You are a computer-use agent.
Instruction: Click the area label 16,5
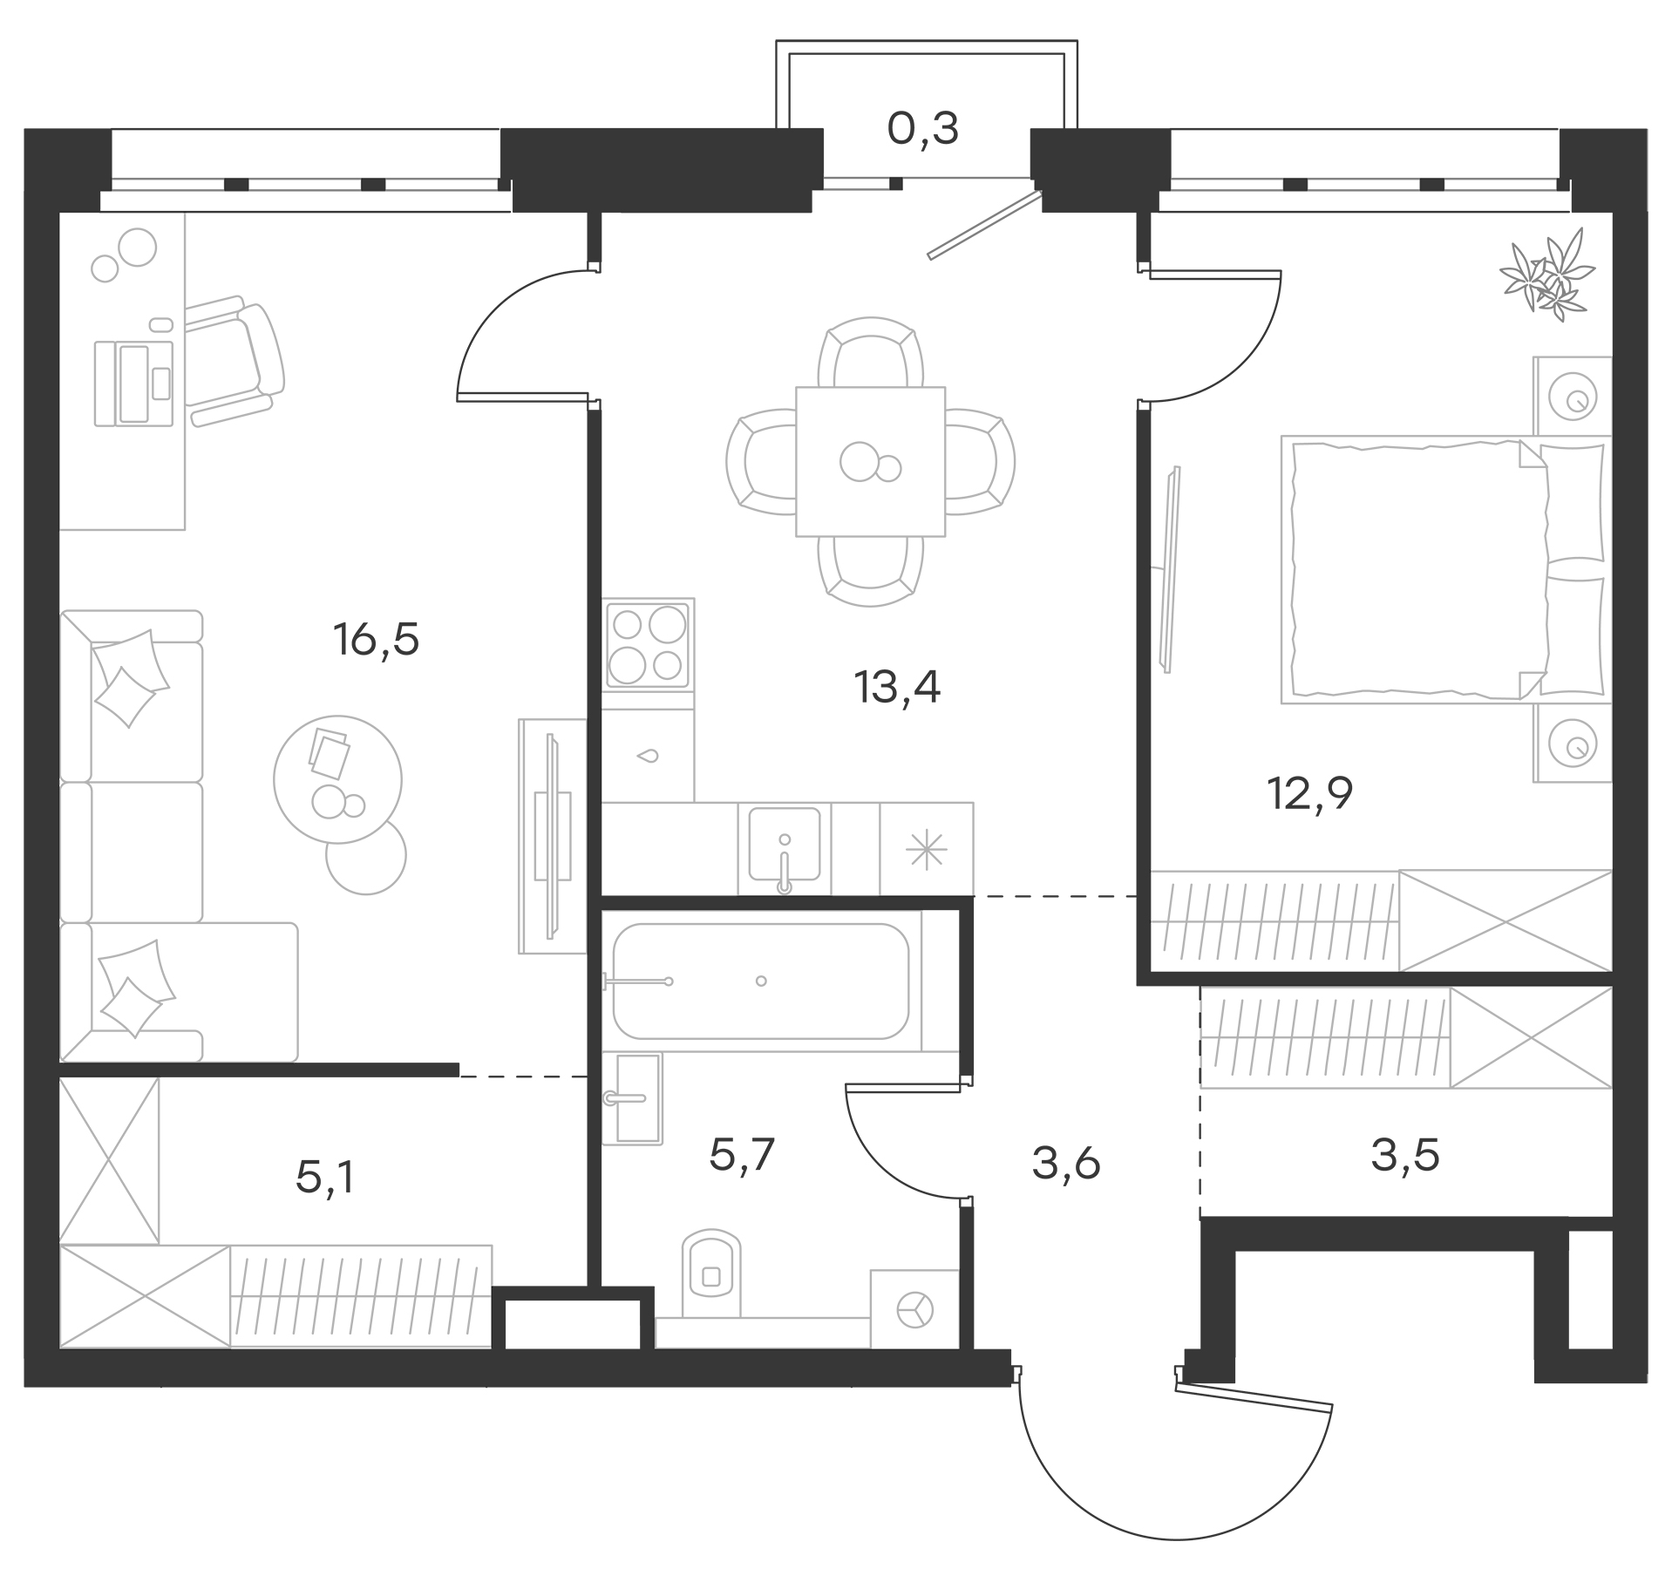[376, 641]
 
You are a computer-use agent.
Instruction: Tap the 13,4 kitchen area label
[897, 688]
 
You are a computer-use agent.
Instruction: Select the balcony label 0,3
[922, 130]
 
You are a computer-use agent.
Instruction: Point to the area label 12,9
[1308, 794]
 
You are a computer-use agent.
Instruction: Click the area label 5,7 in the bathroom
[742, 1156]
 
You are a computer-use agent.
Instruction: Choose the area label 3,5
[1404, 1156]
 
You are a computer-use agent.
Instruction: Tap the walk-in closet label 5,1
[325, 1178]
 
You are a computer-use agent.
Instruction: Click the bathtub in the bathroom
[760, 981]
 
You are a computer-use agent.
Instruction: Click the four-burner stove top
[648, 644]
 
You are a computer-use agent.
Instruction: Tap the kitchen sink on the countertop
[784, 845]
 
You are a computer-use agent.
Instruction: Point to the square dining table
[870, 461]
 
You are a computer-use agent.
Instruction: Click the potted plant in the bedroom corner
[1548, 273]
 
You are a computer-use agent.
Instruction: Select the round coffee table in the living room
[338, 778]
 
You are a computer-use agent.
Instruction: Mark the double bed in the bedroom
[1430, 571]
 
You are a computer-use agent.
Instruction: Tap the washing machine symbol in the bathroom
[914, 1308]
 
